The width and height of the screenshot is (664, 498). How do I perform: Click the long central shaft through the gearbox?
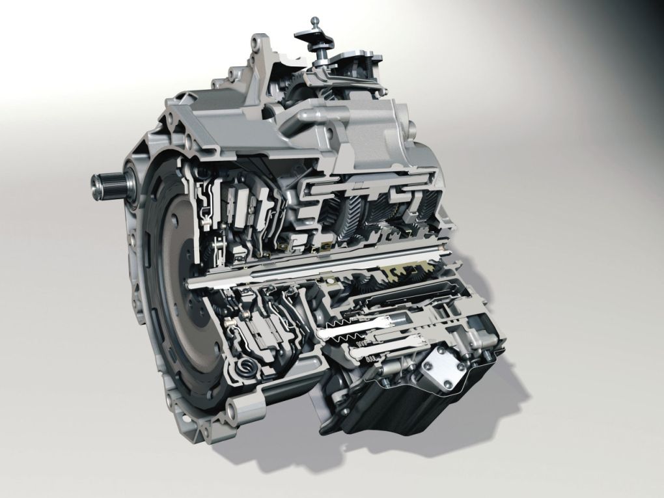[312, 277]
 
